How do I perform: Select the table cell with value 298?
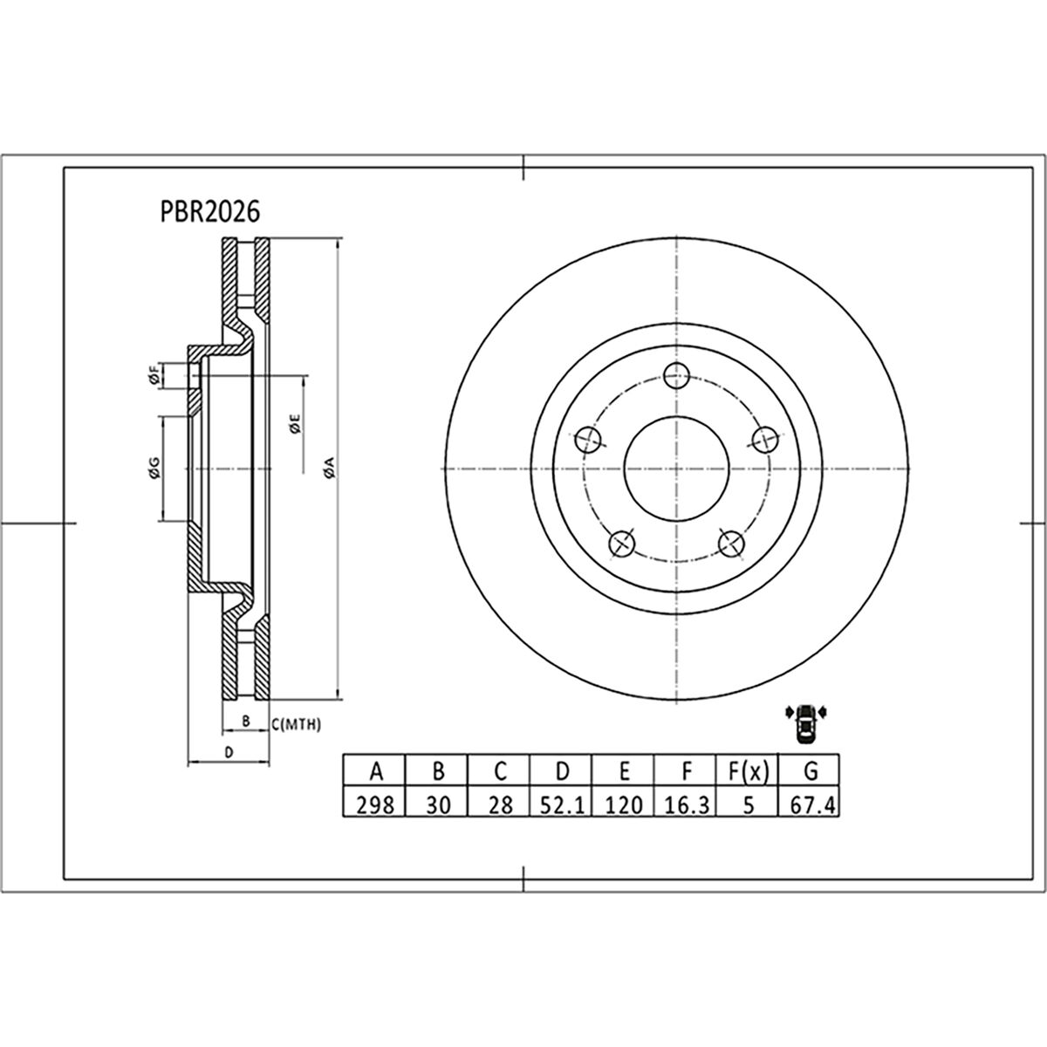(375, 804)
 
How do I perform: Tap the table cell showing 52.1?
(562, 804)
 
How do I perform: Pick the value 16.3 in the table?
(686, 804)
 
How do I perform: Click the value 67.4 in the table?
(810, 804)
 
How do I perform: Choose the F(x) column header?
(747, 771)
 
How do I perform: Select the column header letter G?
(810, 771)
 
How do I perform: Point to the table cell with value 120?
(624, 804)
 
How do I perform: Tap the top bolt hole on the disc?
(676, 376)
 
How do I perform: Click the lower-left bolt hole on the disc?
(622, 544)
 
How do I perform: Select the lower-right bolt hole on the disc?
(731, 543)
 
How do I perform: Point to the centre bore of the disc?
(676, 469)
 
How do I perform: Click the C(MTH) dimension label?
(298, 723)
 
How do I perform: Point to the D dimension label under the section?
(228, 751)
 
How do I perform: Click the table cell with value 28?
(500, 804)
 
